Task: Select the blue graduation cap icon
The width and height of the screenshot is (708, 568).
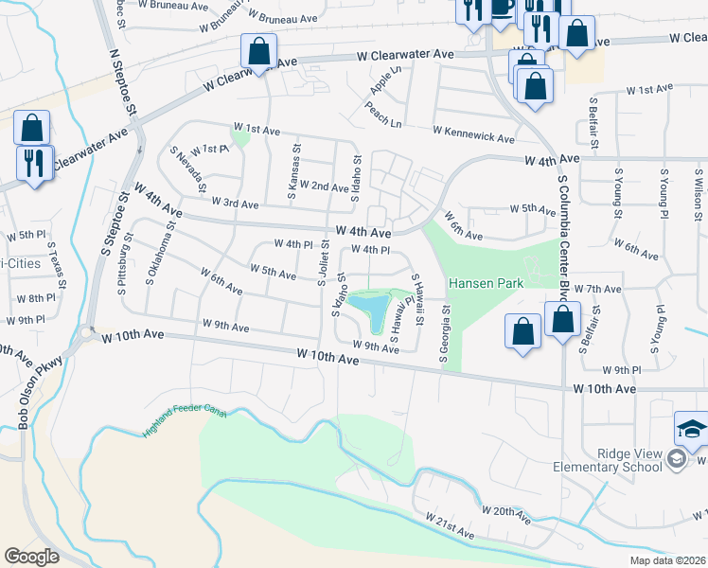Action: [691, 431]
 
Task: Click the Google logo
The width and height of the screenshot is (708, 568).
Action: [31, 556]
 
